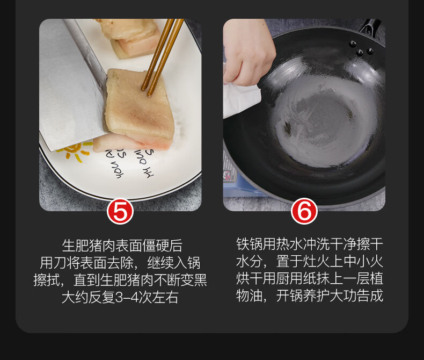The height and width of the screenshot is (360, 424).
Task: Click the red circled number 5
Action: pyautogui.click(x=120, y=211)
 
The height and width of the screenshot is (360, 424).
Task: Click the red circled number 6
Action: pyautogui.click(x=304, y=211)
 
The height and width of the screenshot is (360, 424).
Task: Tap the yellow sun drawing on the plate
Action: pyautogui.click(x=74, y=151)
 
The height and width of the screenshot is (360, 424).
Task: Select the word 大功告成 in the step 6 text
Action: pyautogui.click(x=357, y=296)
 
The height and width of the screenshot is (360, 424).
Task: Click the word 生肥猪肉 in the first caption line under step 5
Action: pyautogui.click(x=89, y=246)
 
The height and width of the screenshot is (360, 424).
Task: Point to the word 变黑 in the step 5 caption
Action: pyautogui.click(x=194, y=280)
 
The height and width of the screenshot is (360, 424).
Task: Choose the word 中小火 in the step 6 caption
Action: pyautogui.click(x=363, y=262)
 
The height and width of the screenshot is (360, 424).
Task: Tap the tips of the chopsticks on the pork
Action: pyautogui.click(x=146, y=91)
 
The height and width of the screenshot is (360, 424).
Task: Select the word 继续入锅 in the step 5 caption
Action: pyautogui.click(x=174, y=263)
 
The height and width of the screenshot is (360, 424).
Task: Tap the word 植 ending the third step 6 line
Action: pyautogui.click(x=377, y=278)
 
